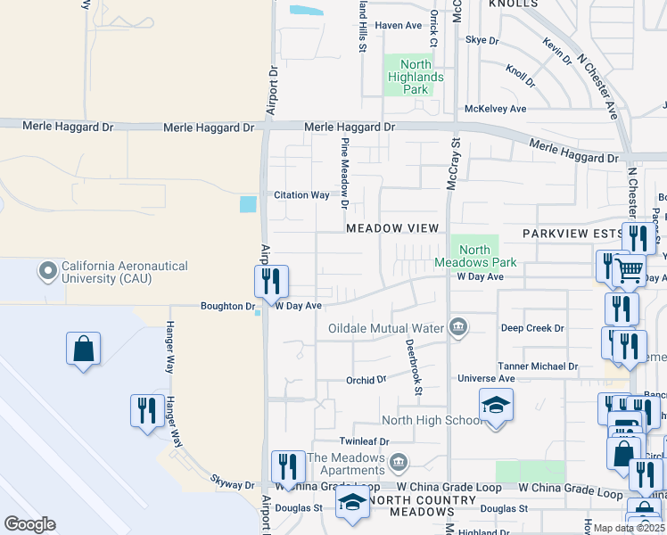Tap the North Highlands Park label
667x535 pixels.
coord(416,77)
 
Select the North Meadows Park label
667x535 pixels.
coord(475,257)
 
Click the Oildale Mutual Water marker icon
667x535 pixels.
coord(458,327)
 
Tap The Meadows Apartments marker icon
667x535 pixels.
coord(399,461)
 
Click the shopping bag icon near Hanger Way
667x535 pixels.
coord(83,348)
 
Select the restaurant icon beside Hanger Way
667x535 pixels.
coord(147,410)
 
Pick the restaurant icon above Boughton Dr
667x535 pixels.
coord(271,282)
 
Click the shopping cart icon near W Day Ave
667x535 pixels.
coord(630,269)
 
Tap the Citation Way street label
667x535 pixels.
coord(301,195)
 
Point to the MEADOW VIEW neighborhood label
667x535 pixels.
coord(392,228)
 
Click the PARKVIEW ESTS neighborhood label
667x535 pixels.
coord(572,232)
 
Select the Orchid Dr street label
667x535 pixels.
coord(366,379)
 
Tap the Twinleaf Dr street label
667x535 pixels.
coord(364,441)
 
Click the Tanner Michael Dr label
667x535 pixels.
coord(538,366)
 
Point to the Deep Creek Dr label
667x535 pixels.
coord(532,328)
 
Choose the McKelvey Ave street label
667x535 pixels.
coord(495,109)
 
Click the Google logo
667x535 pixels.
coord(29,524)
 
